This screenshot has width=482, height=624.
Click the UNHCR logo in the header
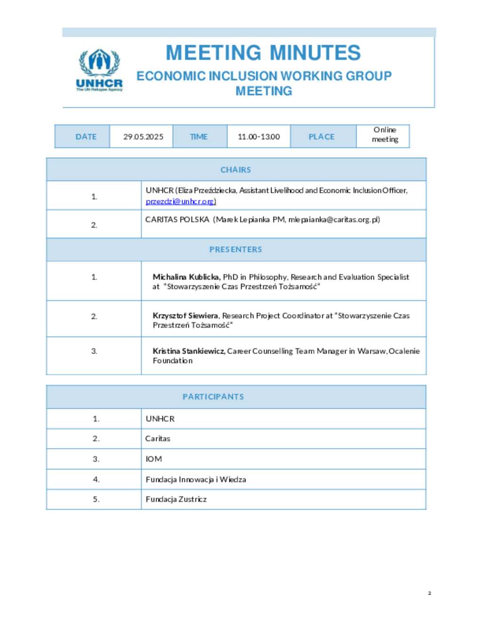pos(99,70)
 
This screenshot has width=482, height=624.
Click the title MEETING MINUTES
pos(263,53)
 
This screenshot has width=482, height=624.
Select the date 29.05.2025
pos(143,137)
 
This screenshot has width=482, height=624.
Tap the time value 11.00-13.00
pos(258,137)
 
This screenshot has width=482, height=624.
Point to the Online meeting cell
pos(385,135)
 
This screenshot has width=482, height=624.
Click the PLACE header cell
pos(321,137)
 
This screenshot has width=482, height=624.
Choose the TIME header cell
pos(199,137)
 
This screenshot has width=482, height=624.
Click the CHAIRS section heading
pos(236,170)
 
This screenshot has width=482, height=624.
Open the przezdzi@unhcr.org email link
pos(181,202)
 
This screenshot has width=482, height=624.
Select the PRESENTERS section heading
pos(236,249)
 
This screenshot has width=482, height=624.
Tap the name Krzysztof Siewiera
pos(185,316)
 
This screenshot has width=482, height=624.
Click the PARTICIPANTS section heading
pos(213,397)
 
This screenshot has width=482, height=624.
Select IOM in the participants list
pos(154,459)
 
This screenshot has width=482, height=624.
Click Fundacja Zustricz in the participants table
pos(176,499)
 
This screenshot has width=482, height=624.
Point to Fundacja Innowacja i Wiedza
pos(196,479)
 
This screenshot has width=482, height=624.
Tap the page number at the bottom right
pos(429,593)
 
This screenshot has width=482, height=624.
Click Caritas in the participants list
pos(158,438)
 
